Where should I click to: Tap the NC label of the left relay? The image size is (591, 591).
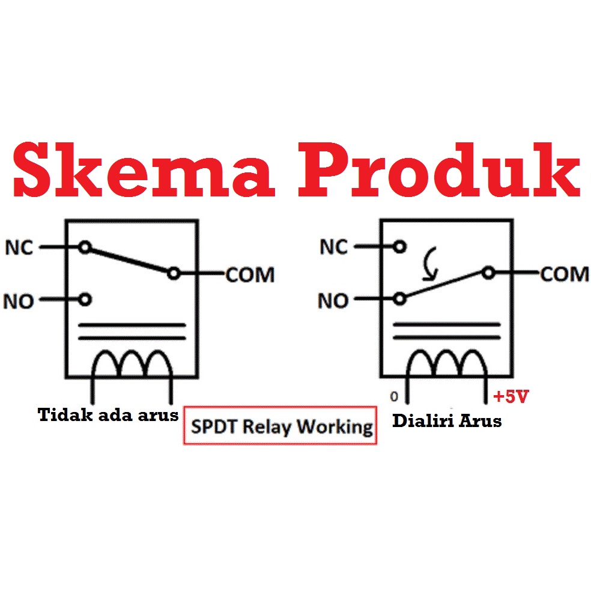(20, 247)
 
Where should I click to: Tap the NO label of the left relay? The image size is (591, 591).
(20, 300)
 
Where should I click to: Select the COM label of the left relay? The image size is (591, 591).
(250, 275)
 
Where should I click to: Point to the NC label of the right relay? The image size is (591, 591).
(334, 247)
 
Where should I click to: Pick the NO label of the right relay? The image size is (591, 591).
(334, 300)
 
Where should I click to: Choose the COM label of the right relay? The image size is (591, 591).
(564, 274)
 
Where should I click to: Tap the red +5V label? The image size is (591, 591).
(511, 397)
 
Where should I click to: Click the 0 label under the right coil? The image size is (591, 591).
(394, 396)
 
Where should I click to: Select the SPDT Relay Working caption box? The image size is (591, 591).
(279, 426)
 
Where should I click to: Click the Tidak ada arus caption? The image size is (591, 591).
(108, 415)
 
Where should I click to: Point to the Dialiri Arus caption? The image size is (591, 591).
(446, 421)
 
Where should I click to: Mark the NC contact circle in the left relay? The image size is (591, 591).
(85, 247)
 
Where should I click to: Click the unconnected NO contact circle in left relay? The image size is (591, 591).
(85, 299)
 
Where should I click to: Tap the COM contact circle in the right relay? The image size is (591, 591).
(488, 273)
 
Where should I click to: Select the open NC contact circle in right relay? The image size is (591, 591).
(399, 247)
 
